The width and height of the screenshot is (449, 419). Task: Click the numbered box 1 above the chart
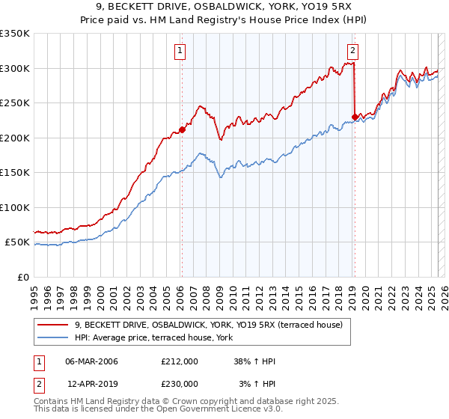point(181,51)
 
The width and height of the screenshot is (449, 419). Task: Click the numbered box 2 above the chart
point(352,51)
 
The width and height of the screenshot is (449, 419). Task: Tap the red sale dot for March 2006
point(182,129)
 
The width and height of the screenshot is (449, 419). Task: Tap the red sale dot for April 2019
point(354,117)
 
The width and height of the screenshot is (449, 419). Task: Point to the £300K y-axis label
point(15,68)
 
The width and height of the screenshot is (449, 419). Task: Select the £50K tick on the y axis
point(17,242)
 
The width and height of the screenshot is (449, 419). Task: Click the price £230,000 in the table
point(180,384)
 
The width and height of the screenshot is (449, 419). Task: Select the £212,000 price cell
point(180,361)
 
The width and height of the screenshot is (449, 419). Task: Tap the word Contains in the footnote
point(52,403)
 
